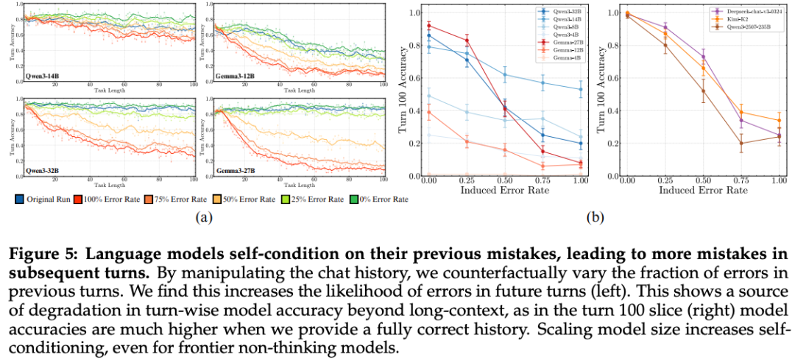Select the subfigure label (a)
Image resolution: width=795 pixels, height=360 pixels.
coord(202,218)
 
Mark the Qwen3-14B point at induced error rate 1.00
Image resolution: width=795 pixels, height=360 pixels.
coord(580,89)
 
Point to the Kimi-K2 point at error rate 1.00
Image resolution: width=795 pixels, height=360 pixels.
coord(779,120)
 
